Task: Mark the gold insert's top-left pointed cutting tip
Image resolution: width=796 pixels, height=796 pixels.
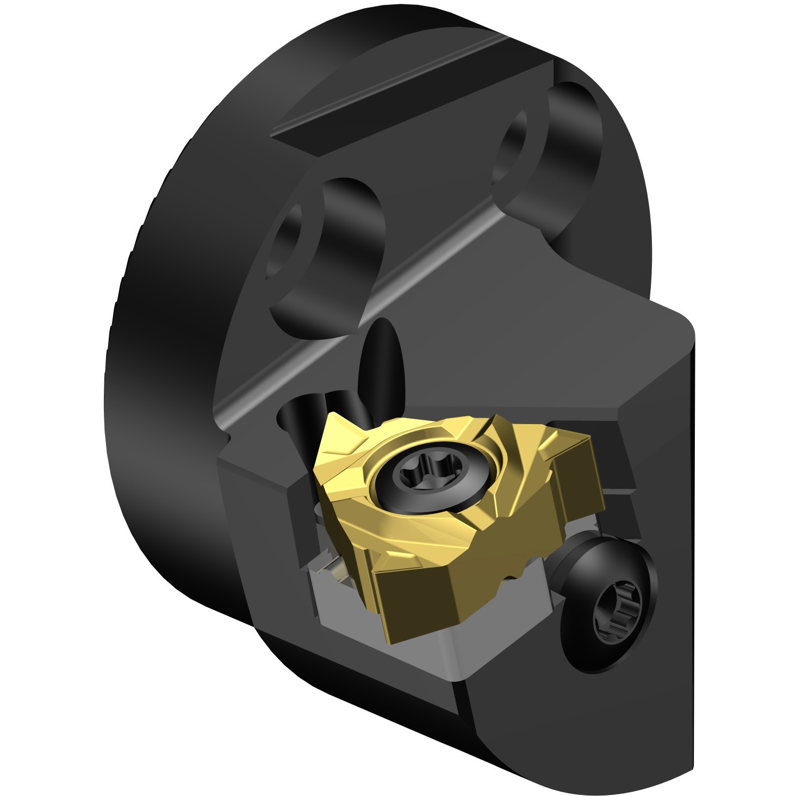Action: click(333, 419)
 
